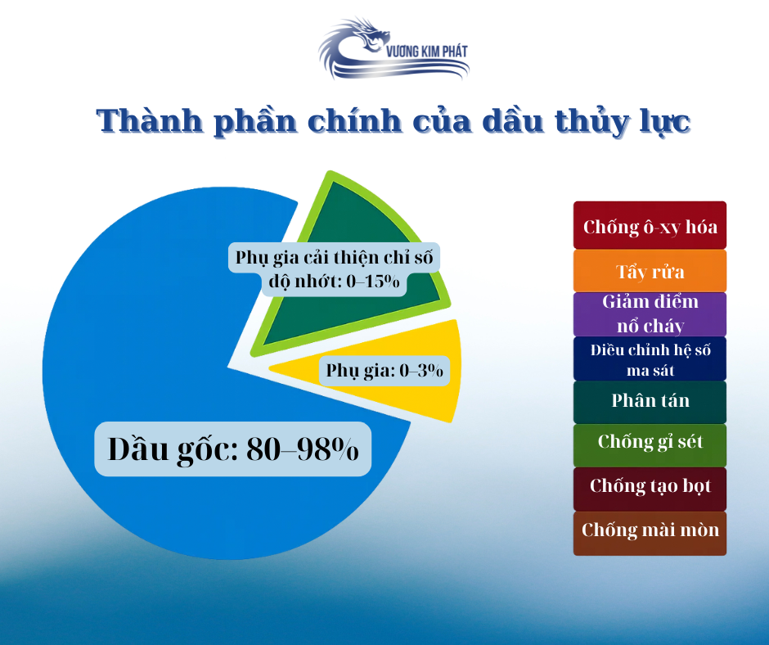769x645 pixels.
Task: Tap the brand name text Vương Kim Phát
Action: pyautogui.click(x=425, y=52)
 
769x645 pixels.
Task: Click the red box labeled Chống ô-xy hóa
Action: pyautogui.click(x=650, y=225)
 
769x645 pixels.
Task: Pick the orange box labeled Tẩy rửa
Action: pyautogui.click(x=650, y=271)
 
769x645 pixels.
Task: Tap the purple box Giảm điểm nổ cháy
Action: pyautogui.click(x=650, y=313)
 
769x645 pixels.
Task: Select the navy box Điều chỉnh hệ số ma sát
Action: pyautogui.click(x=650, y=359)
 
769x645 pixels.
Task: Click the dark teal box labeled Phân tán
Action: pyautogui.click(x=650, y=401)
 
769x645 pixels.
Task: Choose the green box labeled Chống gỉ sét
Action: pyautogui.click(x=650, y=443)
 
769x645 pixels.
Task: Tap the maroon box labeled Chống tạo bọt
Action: pyautogui.click(x=650, y=486)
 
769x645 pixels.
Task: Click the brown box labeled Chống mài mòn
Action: pyautogui.click(x=650, y=530)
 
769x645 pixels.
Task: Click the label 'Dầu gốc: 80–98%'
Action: pyautogui.click(x=233, y=449)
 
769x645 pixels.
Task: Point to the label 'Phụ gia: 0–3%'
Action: pyautogui.click(x=384, y=371)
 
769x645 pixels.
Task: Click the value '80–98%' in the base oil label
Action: pyautogui.click(x=303, y=449)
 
